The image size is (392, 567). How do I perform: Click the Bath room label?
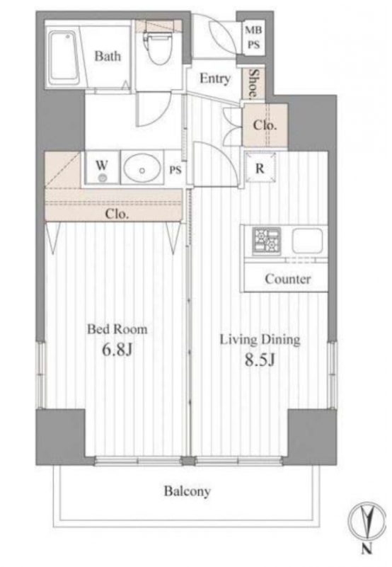point(108,56)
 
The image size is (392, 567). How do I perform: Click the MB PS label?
point(253,37)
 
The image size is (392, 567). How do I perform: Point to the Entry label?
point(215,79)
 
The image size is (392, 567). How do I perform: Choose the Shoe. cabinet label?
point(254,84)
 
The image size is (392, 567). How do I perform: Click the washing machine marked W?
point(102,168)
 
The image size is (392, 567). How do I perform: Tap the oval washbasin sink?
point(142,168)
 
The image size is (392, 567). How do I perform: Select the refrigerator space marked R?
point(260,168)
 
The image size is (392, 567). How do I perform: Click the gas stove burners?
point(267,240)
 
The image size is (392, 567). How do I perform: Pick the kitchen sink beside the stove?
point(307,241)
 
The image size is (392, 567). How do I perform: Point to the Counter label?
point(288,279)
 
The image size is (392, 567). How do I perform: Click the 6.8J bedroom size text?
point(117,350)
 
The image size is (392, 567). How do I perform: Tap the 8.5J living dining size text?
point(260,360)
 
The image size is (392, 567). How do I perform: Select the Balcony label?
point(188,491)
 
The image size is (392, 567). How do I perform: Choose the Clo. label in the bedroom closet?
point(117,214)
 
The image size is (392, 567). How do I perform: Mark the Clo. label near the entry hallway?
point(265,125)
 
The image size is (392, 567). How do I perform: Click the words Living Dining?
point(260,340)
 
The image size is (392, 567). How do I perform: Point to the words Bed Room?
point(117,329)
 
